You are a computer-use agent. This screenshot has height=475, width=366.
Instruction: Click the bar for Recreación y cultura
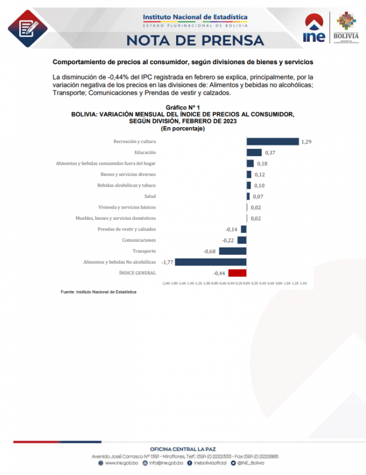pyautogui.click(x=273, y=141)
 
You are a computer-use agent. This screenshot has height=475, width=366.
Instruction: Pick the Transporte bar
pyautogui.click(x=233, y=251)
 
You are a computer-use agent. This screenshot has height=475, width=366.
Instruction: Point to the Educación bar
pyautogui.click(x=254, y=153)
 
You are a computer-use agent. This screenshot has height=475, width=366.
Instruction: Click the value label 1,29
pyautogui.click(x=306, y=141)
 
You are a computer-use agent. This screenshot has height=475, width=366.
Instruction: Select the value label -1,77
pyautogui.click(x=167, y=262)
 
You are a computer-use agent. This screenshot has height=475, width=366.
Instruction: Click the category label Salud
pyautogui.click(x=150, y=196)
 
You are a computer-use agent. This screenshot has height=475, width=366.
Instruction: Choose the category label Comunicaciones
pyautogui.click(x=139, y=240)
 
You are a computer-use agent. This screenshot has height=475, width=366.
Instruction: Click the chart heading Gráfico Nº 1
pyautogui.click(x=182, y=107)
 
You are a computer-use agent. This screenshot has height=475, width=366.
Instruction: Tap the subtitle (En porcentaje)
pyautogui.click(x=182, y=128)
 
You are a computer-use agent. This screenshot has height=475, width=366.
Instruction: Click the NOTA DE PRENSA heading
pyautogui.click(x=195, y=40)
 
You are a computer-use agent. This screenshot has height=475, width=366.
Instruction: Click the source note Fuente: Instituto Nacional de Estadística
pyautogui.click(x=99, y=292)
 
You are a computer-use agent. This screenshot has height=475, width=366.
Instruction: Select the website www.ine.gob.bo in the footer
pyautogui.click(x=119, y=463)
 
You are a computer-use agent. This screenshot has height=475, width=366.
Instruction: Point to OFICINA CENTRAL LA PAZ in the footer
pyautogui.click(x=183, y=449)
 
